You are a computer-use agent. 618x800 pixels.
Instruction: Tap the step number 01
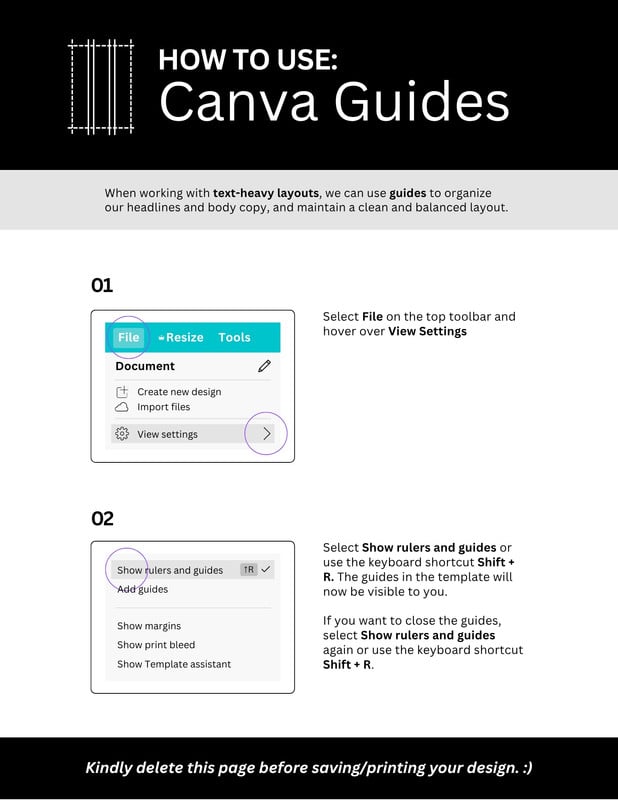pos(102,285)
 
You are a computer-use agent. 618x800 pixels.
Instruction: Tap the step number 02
pos(102,518)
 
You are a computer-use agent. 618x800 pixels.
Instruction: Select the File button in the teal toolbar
pos(128,337)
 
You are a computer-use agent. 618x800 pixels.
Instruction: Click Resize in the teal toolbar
pos(181,337)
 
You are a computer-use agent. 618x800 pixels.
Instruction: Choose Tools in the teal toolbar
pos(234,337)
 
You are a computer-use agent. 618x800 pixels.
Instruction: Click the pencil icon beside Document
pos(264,366)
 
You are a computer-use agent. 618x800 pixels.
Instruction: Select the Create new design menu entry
pos(179,392)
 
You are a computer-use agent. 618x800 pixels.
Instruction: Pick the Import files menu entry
pos(163,407)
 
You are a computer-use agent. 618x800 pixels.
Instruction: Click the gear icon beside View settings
pos(122,434)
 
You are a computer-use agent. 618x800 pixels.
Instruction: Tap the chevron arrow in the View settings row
pos(266,434)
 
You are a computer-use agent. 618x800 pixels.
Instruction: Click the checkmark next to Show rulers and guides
pos(266,569)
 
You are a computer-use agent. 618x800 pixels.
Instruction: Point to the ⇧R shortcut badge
pos(249,569)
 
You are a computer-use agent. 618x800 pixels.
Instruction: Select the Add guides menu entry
pos(142,589)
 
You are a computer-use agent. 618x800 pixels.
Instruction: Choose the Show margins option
pos(149,626)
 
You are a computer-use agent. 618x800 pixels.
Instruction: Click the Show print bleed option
pos(156,645)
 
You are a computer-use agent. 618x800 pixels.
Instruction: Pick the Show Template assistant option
pos(174,664)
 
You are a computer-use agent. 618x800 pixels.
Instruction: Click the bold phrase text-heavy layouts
pos(266,193)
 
